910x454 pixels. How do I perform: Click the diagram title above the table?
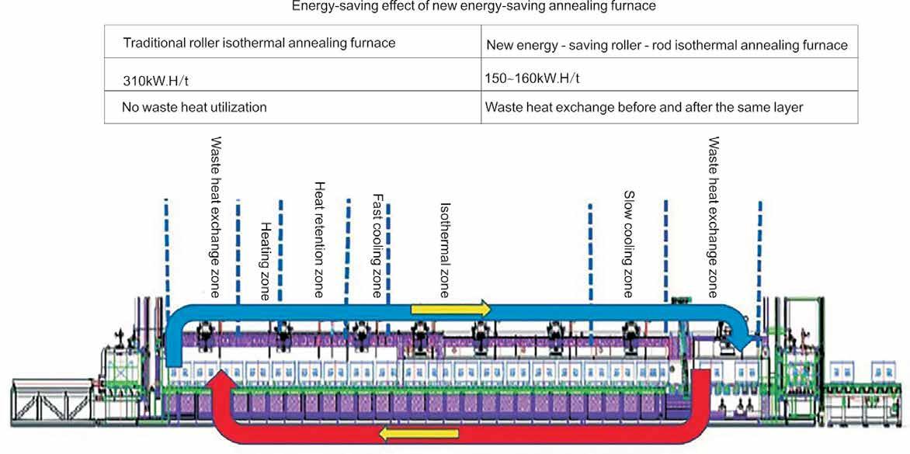click(474, 7)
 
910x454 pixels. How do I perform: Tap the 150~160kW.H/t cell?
click(532, 78)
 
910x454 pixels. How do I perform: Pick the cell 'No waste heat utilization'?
click(194, 107)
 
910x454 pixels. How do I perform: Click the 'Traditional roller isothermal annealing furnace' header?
click(259, 43)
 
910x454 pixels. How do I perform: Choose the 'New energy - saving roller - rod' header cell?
click(666, 45)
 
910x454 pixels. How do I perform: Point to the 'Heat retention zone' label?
click(318, 240)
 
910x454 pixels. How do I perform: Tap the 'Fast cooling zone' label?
click(377, 246)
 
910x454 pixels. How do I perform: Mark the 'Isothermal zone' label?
click(445, 251)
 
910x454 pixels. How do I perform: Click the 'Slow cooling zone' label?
click(629, 244)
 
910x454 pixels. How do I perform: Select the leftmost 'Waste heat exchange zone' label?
click(216, 217)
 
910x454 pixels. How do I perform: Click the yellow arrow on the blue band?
click(450, 309)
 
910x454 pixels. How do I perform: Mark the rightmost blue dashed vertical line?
click(759, 248)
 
